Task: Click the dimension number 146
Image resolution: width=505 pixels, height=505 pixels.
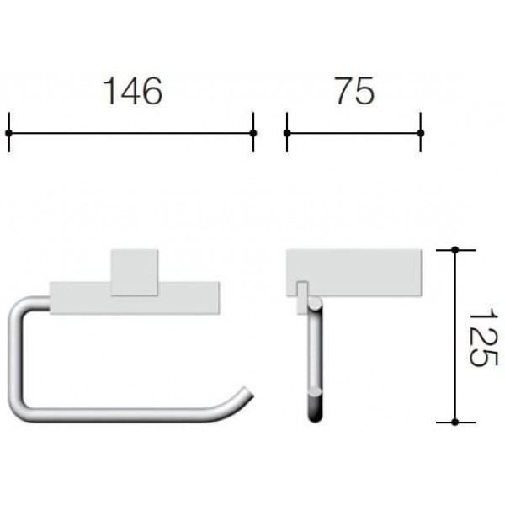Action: pos(132,91)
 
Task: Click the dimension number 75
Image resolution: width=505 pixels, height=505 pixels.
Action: pos(354,91)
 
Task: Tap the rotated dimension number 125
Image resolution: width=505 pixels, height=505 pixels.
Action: pos(482,337)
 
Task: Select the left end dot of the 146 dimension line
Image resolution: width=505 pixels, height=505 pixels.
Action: pos(8,133)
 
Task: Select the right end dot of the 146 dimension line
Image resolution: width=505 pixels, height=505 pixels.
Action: pos(253,133)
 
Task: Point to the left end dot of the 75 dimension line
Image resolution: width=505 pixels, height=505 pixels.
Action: pos(287,133)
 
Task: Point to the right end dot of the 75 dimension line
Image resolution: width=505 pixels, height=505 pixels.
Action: pos(421,133)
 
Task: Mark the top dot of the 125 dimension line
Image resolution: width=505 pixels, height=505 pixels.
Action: pos(455,250)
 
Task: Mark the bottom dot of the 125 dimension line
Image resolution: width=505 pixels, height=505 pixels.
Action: pos(455,422)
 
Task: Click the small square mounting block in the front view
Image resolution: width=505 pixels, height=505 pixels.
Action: pos(134,273)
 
